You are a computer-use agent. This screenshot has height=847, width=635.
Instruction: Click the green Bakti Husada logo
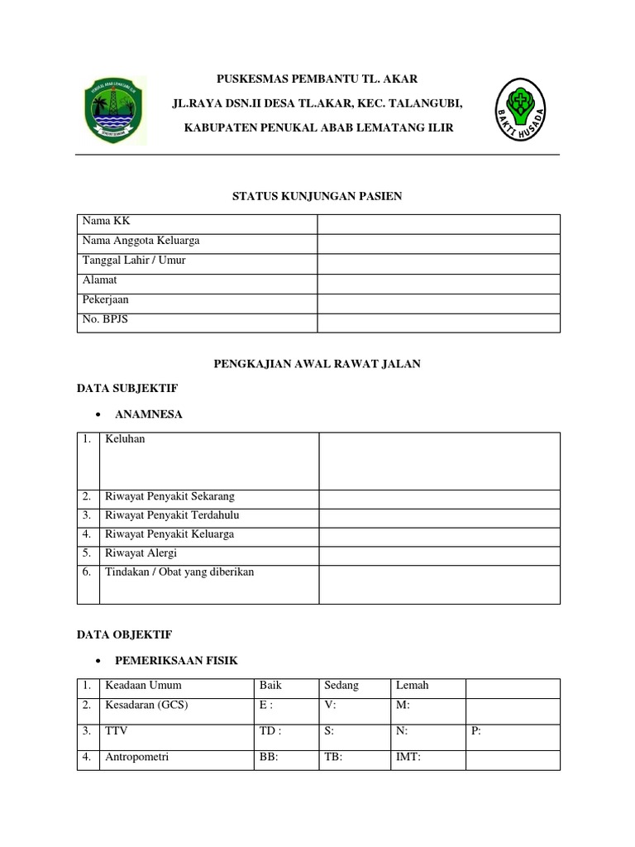tap(520, 110)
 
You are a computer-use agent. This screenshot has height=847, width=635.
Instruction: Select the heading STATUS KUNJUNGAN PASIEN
tap(317, 195)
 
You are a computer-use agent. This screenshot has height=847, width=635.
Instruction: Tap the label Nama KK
tap(100, 222)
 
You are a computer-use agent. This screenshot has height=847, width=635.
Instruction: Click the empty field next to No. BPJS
tap(438, 323)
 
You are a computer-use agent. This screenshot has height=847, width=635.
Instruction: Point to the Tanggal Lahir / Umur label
tap(134, 261)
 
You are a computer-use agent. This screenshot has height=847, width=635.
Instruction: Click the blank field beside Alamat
tap(438, 283)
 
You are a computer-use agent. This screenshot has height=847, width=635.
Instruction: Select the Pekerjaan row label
tap(106, 300)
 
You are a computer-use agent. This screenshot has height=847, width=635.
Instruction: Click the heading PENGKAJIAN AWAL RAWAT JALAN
tap(317, 364)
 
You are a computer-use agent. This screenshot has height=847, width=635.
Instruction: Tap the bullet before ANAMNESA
tap(99, 415)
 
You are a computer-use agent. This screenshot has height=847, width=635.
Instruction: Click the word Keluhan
tap(125, 439)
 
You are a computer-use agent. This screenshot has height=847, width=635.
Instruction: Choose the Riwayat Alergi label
tap(141, 553)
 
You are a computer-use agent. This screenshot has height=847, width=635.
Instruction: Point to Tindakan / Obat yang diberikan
tap(179, 572)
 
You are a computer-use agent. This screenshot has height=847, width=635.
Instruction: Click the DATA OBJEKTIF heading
tap(124, 634)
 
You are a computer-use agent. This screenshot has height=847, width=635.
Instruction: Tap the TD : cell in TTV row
tap(270, 731)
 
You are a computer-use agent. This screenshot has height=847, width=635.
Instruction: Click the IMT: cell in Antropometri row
tap(409, 756)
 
